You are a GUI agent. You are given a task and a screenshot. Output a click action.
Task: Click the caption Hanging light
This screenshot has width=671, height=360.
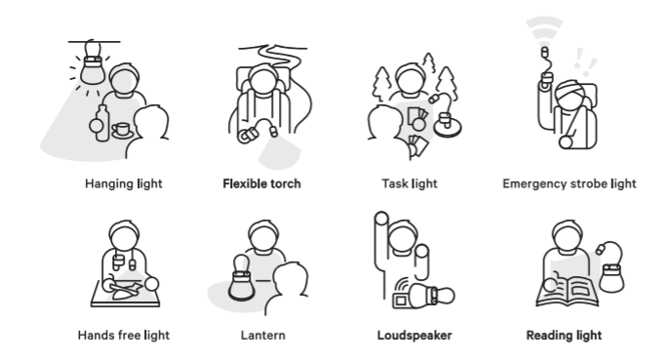coord(124,184)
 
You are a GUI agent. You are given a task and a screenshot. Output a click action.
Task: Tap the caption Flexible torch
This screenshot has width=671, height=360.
coord(262,184)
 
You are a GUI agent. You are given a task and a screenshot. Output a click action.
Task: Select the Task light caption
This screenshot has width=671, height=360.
coord(410,184)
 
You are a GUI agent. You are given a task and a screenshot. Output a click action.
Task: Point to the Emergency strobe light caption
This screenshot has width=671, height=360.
coord(570,184)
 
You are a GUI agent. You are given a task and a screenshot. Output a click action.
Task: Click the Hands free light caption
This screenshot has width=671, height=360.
coord(124,336)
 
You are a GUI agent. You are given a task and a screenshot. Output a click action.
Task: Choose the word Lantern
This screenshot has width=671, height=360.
coord(262,336)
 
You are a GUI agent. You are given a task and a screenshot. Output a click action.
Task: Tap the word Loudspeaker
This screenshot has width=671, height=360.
coord(414,336)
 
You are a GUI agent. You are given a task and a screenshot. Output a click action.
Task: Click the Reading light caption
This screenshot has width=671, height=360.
coord(564,336)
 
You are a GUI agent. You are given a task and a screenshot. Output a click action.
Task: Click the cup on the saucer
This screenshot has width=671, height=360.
coord(122,130)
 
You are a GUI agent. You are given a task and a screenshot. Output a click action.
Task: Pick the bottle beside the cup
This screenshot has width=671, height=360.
coord(101,123)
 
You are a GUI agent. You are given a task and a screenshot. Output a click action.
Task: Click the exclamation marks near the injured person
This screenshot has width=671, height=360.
coord(584,60)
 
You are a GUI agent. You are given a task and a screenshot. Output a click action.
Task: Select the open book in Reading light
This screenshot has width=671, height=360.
coord(568,292)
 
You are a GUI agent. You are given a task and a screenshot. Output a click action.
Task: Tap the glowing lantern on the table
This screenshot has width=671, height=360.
coord(241,279)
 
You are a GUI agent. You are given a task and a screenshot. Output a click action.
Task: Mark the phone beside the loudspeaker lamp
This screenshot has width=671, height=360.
coord(402,300)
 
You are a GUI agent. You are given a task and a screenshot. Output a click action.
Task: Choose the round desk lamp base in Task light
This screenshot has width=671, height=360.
coord(448,127)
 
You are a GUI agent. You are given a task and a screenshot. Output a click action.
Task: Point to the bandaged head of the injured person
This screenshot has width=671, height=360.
coord(570,95)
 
